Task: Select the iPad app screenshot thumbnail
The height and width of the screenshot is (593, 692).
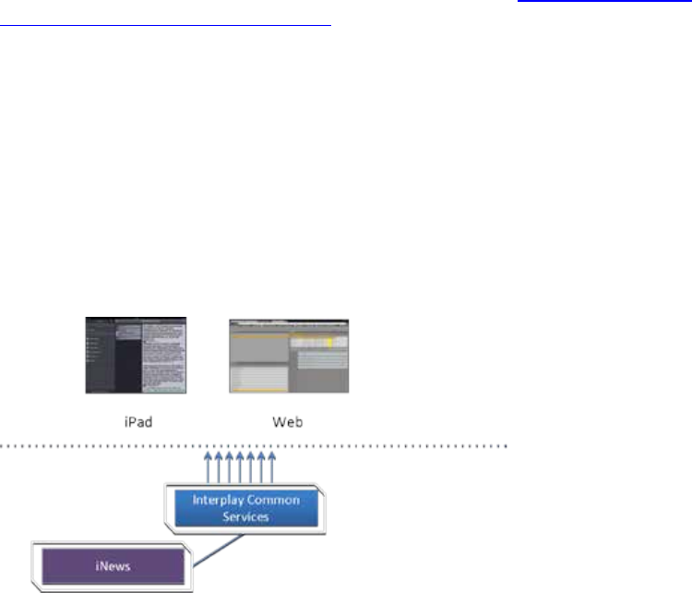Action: point(137,356)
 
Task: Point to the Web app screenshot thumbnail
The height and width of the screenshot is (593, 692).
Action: point(289,356)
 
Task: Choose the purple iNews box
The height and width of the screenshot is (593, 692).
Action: point(115,562)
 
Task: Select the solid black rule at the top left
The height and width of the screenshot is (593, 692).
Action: point(166,26)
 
